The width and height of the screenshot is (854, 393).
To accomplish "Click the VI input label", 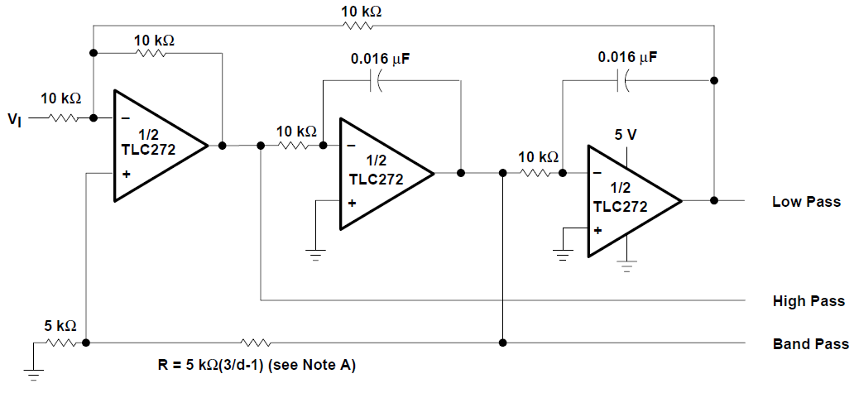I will pyautogui.click(x=15, y=120).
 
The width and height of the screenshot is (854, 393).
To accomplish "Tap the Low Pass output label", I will pyautogui.click(x=805, y=201).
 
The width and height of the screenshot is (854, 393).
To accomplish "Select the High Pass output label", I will pyautogui.click(x=808, y=301).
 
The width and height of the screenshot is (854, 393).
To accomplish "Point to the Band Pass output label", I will pyautogui.click(x=810, y=343).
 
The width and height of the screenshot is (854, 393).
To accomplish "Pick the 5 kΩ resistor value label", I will pyautogui.click(x=60, y=324).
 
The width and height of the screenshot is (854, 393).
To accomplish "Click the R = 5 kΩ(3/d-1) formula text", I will pyautogui.click(x=257, y=365).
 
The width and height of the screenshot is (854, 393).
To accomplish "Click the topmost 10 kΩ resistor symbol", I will pyautogui.click(x=360, y=26).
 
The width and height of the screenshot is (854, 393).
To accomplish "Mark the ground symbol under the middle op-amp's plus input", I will pyautogui.click(x=314, y=253).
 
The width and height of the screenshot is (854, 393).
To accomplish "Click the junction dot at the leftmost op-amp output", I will pyautogui.click(x=222, y=146).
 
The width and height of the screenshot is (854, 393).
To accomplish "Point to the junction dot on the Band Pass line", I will pyautogui.click(x=503, y=342).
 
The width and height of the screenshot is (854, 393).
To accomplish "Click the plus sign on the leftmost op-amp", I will pyautogui.click(x=127, y=174).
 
